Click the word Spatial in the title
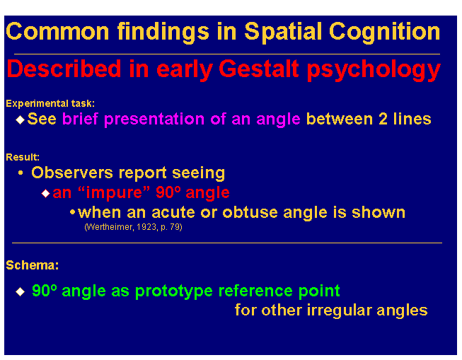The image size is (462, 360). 283,32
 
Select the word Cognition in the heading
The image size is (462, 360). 384,32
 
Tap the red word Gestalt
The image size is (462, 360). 259,69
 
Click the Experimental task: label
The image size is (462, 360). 50,103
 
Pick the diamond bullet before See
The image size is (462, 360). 20,120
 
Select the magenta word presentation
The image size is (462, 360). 154,120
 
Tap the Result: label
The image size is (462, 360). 23,157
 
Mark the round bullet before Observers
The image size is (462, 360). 21,173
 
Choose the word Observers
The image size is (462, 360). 72,173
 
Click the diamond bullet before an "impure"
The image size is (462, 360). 46,193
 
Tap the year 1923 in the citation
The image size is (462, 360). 146,227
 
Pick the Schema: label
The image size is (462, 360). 33,265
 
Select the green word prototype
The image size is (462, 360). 174,291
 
